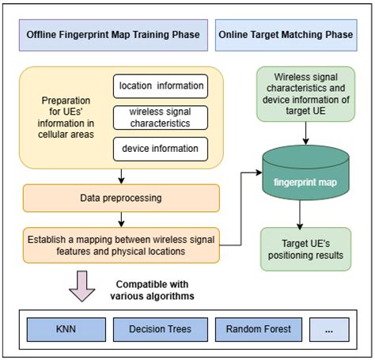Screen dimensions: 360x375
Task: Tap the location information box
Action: coord(161,85)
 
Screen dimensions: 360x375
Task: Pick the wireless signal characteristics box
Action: coord(161,117)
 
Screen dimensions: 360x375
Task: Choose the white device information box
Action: coord(161,148)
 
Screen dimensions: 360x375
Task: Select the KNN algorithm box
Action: coord(65,328)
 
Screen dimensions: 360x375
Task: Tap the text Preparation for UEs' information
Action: coord(69,116)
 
